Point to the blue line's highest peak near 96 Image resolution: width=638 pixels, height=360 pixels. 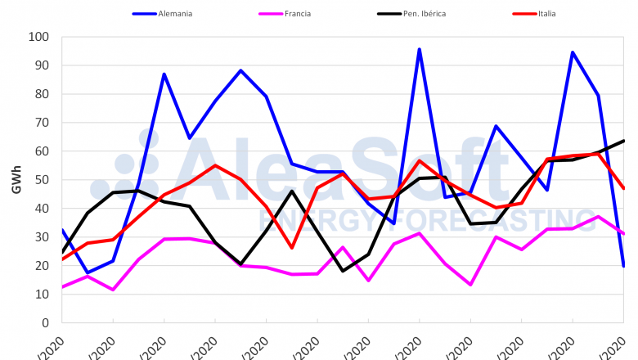click(420, 49)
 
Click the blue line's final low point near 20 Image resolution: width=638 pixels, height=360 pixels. click(623, 265)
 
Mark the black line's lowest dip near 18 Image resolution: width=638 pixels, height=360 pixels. click(343, 271)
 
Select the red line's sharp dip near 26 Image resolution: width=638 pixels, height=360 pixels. click(292, 247)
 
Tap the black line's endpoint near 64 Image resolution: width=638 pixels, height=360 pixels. click(624, 141)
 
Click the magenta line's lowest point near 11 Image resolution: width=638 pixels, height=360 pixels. click(113, 290)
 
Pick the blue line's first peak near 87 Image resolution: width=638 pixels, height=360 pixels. click(164, 74)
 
